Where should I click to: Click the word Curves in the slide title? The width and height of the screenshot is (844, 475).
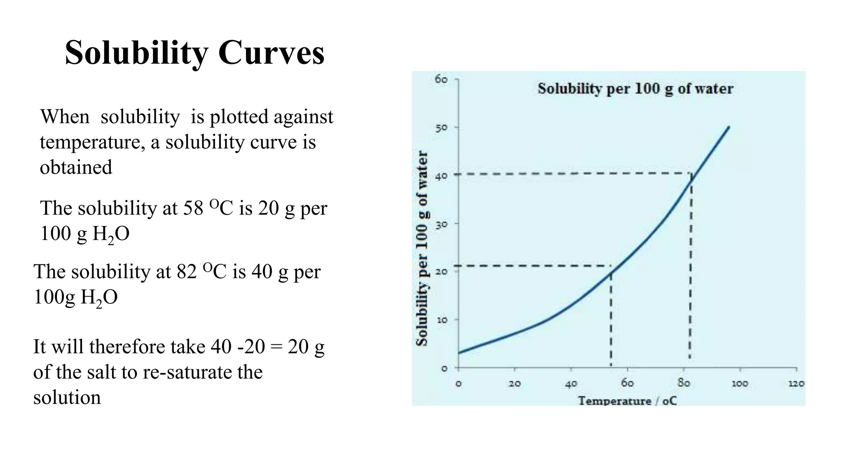[x=271, y=53]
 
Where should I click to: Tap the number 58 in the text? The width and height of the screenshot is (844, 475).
[x=193, y=208]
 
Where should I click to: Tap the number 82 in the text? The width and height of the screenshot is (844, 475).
[x=187, y=272]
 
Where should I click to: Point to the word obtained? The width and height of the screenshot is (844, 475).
[x=76, y=167]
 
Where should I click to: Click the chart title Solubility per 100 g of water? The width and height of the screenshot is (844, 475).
[x=635, y=89]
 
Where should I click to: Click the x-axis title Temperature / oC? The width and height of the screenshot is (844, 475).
[x=627, y=400]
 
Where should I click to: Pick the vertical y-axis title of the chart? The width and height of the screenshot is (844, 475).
[x=422, y=248]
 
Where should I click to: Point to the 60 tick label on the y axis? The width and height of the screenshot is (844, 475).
[x=441, y=79]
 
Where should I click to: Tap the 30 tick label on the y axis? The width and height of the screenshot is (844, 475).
[x=441, y=224]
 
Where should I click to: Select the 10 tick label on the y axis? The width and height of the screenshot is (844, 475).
[x=441, y=320]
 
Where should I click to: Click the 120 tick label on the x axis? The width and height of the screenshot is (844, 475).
[x=796, y=383]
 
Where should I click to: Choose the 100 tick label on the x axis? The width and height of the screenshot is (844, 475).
[x=739, y=383]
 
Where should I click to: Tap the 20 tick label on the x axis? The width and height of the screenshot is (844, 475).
[x=514, y=383]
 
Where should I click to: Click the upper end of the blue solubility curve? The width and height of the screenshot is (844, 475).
[x=729, y=127]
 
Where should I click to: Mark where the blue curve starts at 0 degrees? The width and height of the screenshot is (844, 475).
[x=459, y=353]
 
